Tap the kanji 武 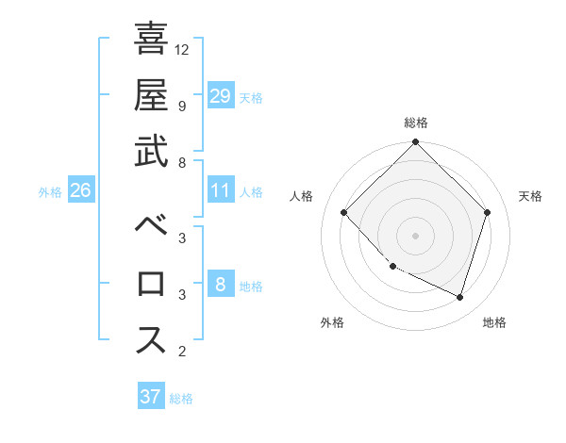tap(151, 152)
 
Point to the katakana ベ tap(151, 226)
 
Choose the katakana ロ tap(151, 284)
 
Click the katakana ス tap(151, 340)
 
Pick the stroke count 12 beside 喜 tap(183, 48)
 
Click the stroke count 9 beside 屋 tap(182, 106)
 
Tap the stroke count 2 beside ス tap(182, 352)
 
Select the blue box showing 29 tap(220, 96)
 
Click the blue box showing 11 tap(220, 191)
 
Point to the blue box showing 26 tap(80, 191)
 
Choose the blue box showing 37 tap(150, 397)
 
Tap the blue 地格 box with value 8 tap(220, 286)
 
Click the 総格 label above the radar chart tap(416, 123)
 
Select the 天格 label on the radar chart tap(531, 196)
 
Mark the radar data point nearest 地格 tap(460, 297)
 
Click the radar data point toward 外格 tap(392, 267)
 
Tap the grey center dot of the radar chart tap(415, 235)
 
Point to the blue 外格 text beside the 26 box tap(50, 192)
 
